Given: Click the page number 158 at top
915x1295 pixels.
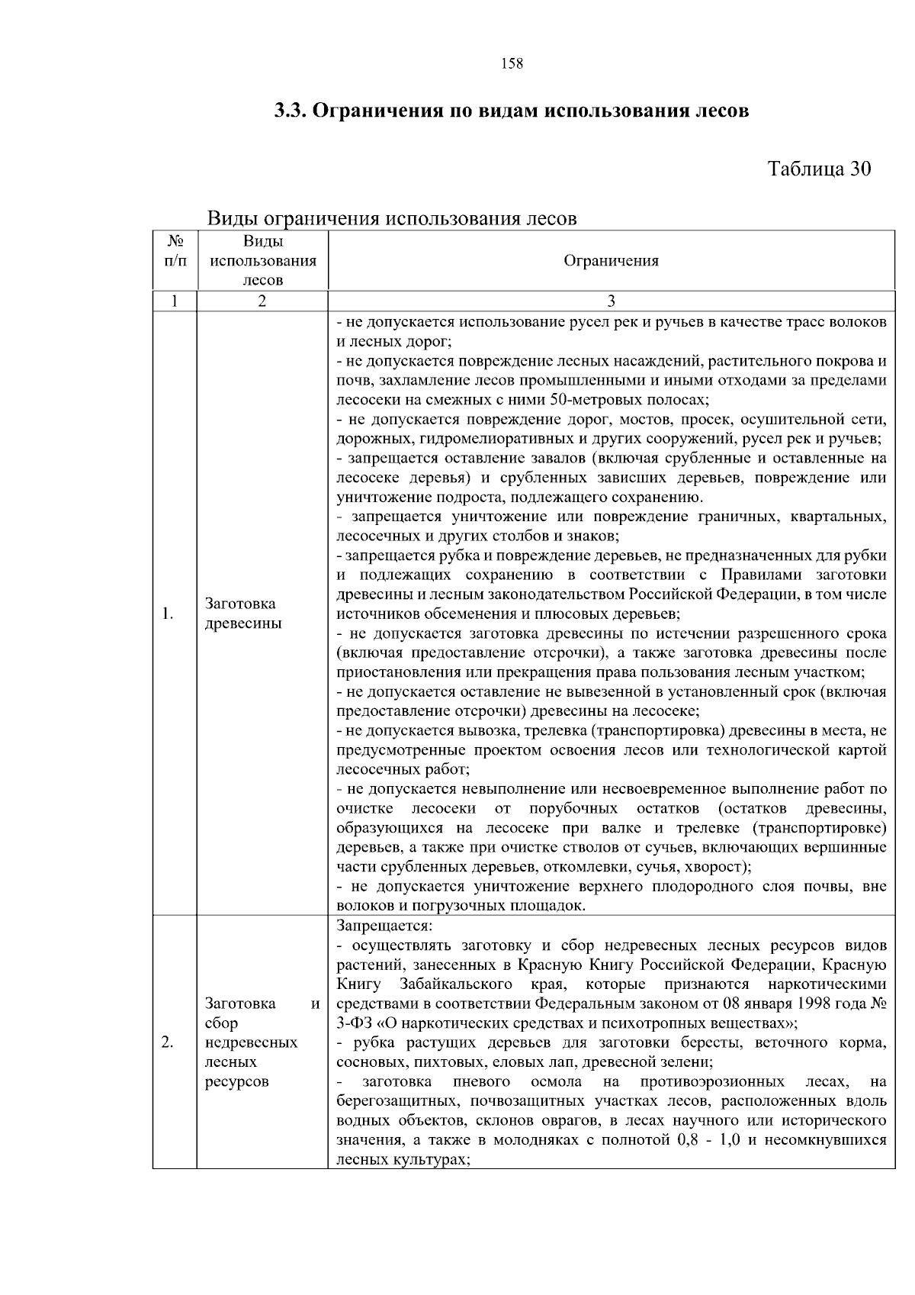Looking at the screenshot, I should (x=512, y=64).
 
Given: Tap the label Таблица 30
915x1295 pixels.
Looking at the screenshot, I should (x=818, y=169).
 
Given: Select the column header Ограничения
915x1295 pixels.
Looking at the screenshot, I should (x=611, y=261).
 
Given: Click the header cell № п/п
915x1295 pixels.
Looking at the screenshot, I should (x=175, y=252).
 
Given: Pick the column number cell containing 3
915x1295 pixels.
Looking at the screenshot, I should (x=611, y=301).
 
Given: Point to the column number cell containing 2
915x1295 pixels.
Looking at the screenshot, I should (x=262, y=301).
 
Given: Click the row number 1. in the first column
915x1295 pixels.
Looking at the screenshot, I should (x=168, y=614).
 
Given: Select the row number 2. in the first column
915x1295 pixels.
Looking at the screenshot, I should (x=168, y=1042).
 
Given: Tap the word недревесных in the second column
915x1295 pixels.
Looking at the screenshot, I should (x=251, y=1042).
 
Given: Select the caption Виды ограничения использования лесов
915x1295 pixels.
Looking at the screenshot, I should (x=392, y=219).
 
